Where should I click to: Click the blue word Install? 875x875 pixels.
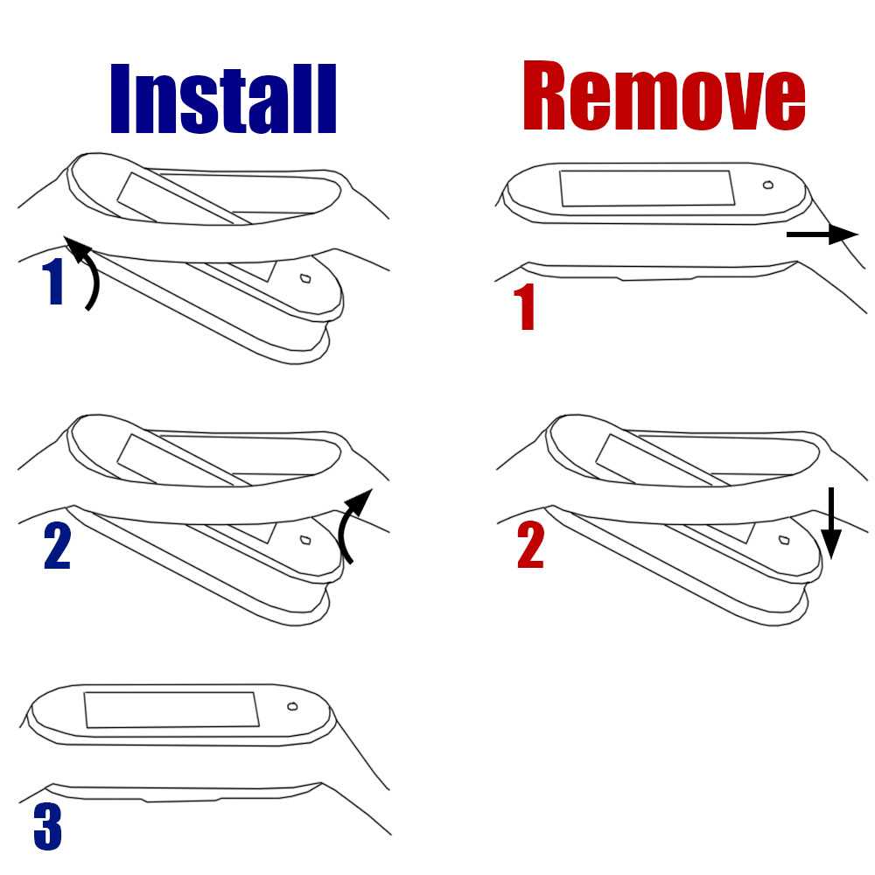pyautogui.click(x=223, y=99)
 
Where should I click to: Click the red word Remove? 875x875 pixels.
pyautogui.click(x=664, y=95)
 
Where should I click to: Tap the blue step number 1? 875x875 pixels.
pyautogui.click(x=53, y=283)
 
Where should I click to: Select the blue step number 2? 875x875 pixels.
pyautogui.click(x=57, y=546)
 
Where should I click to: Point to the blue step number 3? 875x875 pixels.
pyautogui.click(x=47, y=827)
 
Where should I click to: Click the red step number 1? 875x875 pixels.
pyautogui.click(x=524, y=306)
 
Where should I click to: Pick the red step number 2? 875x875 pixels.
pyautogui.click(x=530, y=545)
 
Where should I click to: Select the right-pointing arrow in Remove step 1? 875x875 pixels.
pyautogui.click(x=822, y=234)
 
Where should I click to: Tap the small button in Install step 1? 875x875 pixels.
pyautogui.click(x=305, y=278)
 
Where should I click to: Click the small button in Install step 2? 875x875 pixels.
pyautogui.click(x=305, y=540)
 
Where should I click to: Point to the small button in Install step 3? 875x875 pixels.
pyautogui.click(x=292, y=706)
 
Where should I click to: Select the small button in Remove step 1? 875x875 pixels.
pyautogui.click(x=768, y=185)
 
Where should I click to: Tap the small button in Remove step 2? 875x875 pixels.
pyautogui.click(x=784, y=540)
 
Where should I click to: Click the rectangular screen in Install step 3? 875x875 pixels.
pyautogui.click(x=171, y=710)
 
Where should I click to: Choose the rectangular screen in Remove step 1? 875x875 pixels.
pyautogui.click(x=647, y=188)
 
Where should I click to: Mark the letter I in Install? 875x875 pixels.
pyautogui.click(x=120, y=99)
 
